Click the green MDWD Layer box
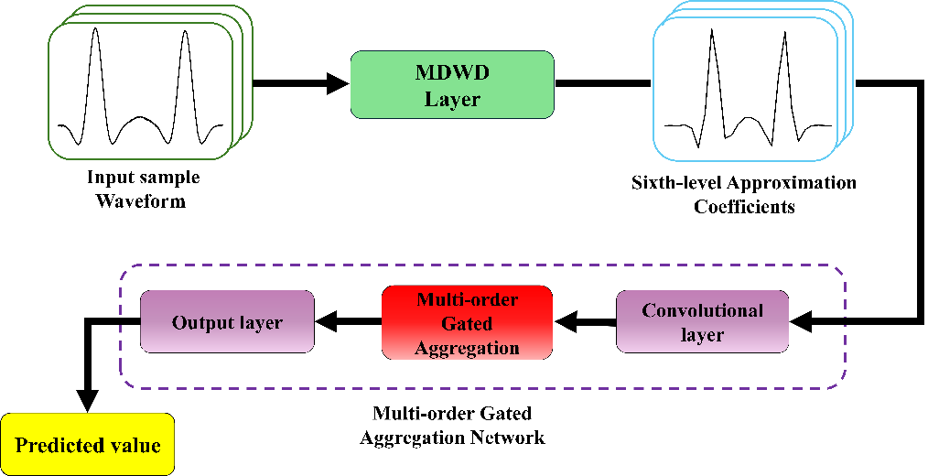(452, 84)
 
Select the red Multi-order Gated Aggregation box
(467, 323)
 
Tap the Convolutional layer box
(702, 322)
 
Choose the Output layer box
(227, 322)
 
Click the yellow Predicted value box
(88, 446)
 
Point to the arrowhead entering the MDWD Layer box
(339, 85)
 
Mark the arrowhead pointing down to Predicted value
(87, 399)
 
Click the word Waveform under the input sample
(141, 200)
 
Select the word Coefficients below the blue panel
(744, 206)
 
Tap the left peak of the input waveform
(94, 35)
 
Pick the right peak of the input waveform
(186, 35)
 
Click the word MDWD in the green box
(452, 72)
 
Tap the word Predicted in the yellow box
(56, 446)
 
